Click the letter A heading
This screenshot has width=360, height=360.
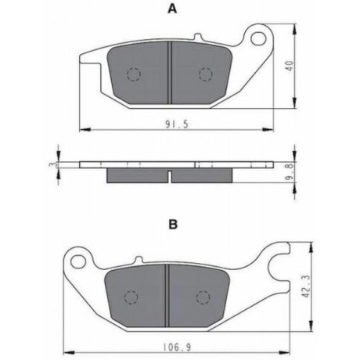pos(172,9)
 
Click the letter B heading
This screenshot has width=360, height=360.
pos(173,225)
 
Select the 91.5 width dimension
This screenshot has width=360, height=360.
pos(177,124)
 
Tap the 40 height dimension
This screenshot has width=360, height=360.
pos(290,66)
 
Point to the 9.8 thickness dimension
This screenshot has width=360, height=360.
pos(291,171)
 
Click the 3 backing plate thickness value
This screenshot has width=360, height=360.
pos(53,165)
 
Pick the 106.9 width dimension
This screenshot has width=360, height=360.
pos(177,347)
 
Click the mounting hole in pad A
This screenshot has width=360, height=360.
pos(258,38)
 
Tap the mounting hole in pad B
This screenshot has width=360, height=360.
pos(79,262)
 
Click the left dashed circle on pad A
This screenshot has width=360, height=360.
pos(134,74)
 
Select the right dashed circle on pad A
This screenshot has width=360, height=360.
pos(206,74)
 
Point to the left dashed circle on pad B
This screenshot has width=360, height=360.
pos(131,297)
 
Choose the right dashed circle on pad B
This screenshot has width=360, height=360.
pos(203,297)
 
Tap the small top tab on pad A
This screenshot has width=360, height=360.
pos(198,36)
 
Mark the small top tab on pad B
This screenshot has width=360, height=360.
pos(139,259)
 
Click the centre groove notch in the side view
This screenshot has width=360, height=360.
pos(169,176)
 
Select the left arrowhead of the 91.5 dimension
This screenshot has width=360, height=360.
pos(85,129)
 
